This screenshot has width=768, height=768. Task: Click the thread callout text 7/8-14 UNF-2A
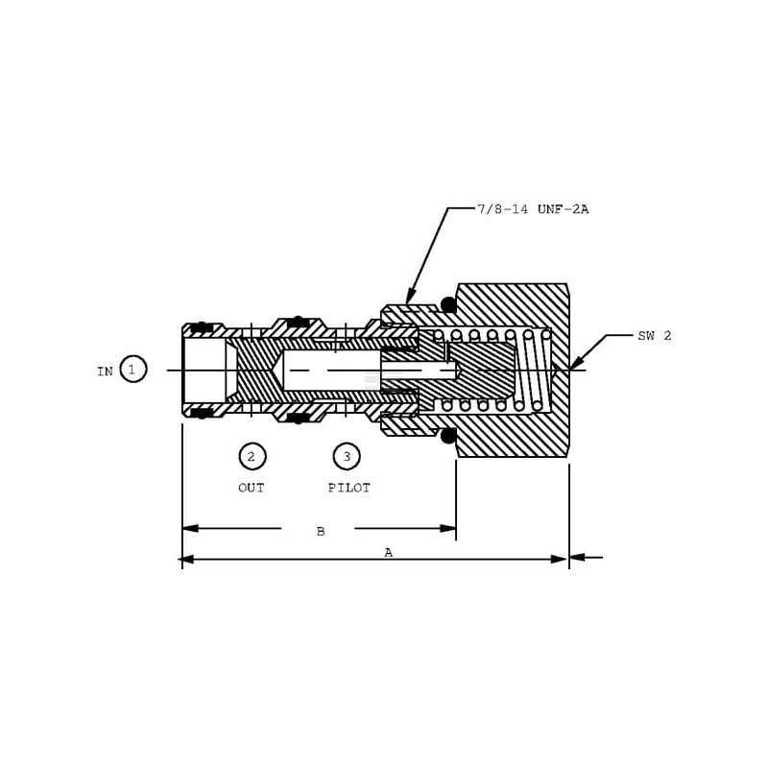coord(533,209)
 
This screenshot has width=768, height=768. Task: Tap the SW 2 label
coord(655,336)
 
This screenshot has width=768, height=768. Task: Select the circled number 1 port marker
coord(133,369)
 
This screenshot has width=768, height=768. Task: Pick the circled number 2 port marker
coord(252,457)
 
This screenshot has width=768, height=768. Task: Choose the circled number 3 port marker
coord(347,457)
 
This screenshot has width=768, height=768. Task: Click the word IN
coord(105,372)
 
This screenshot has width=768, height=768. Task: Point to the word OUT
coord(252,488)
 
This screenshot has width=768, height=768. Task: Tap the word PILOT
coord(349,488)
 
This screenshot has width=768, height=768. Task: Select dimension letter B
coord(321,532)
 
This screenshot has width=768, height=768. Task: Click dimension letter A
coord(389,553)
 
